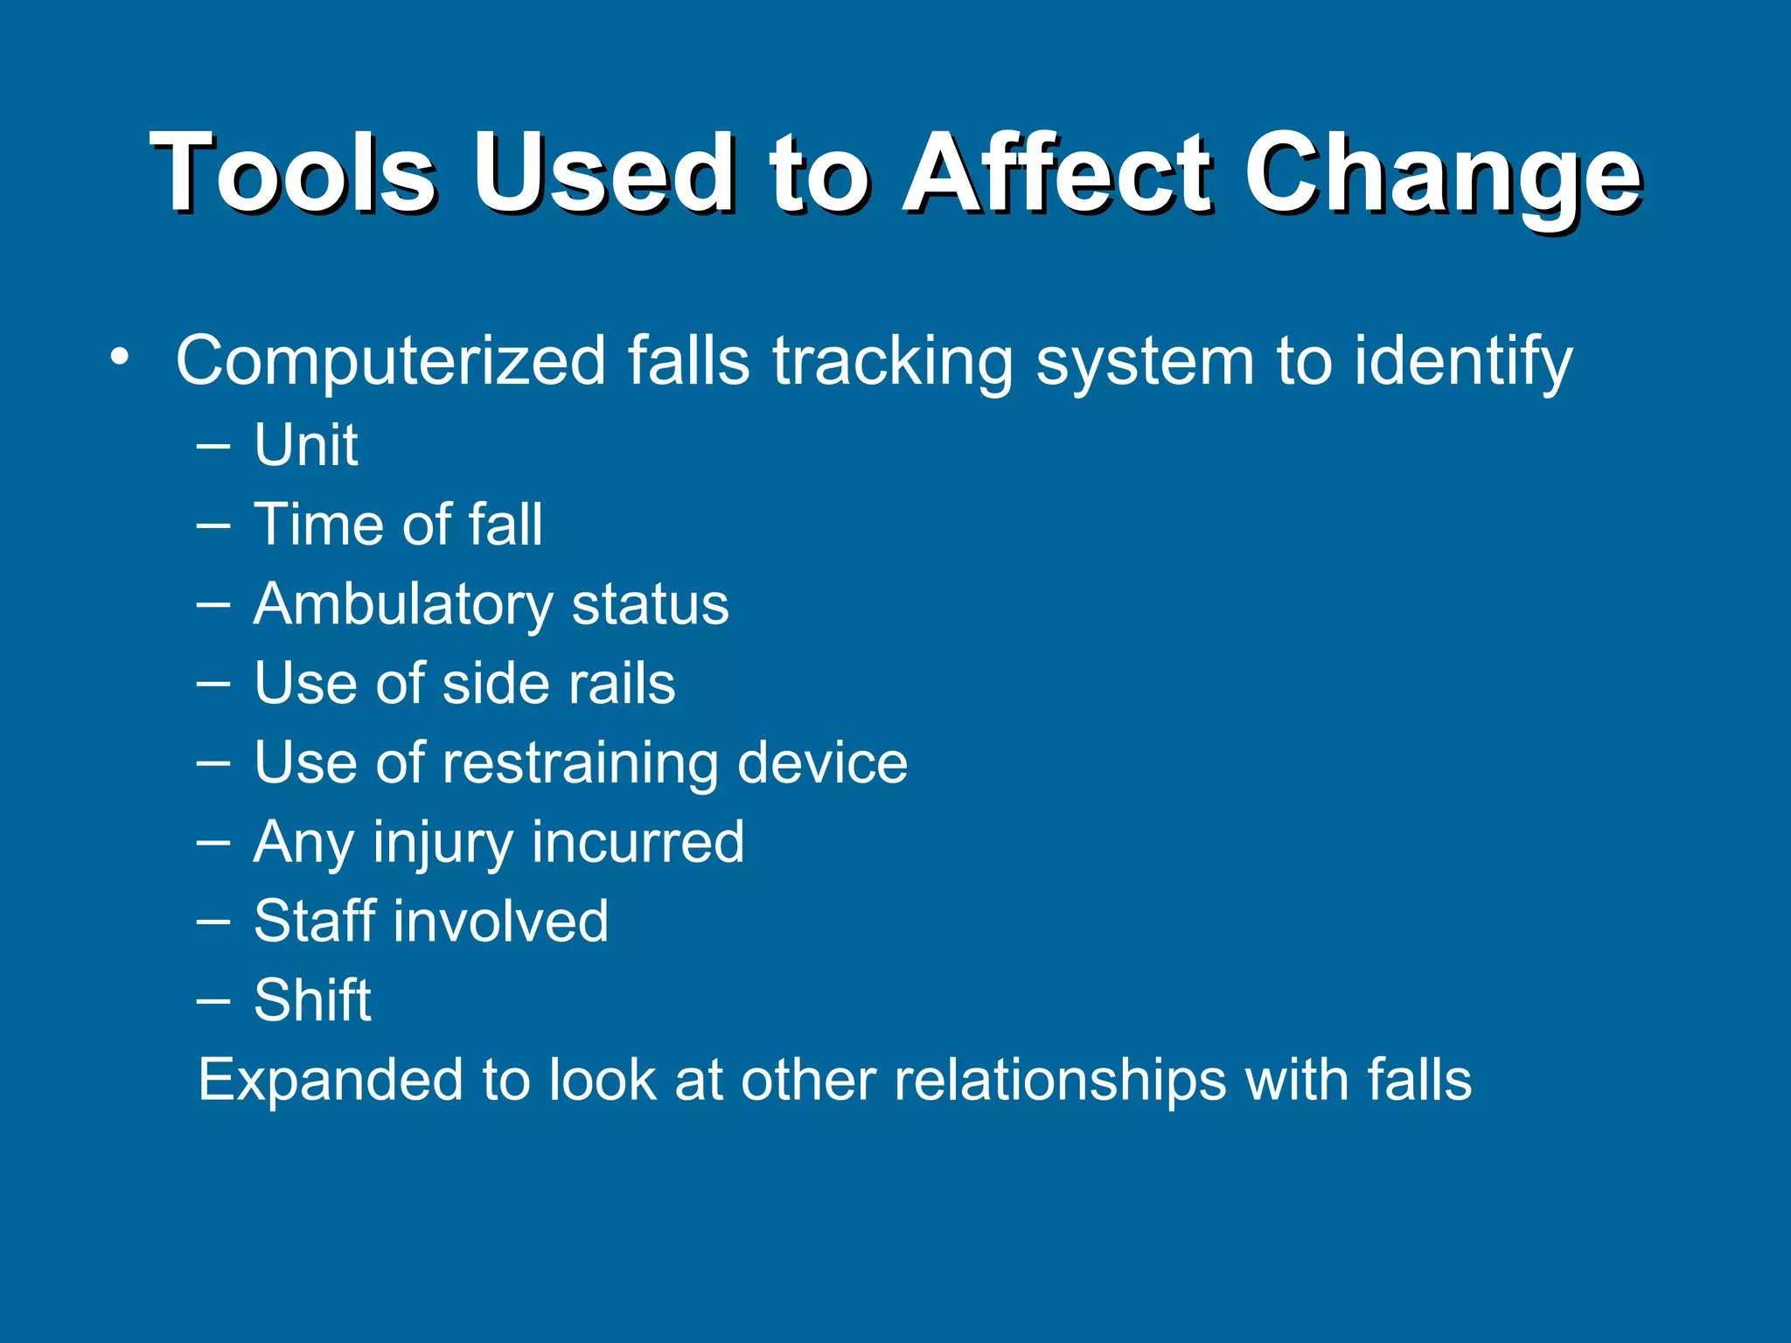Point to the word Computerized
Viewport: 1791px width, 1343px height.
pos(391,361)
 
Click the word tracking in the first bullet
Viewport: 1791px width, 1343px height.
pos(892,361)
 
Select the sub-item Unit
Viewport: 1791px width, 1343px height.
pos(305,445)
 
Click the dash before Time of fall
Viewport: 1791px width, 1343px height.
pos(213,525)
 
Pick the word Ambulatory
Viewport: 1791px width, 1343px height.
pos(402,605)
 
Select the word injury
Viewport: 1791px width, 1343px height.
pos(443,844)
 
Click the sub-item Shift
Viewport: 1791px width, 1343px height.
pos(312,1000)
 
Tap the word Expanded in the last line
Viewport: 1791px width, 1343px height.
pos(330,1082)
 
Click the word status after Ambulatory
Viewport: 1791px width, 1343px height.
pos(650,605)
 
